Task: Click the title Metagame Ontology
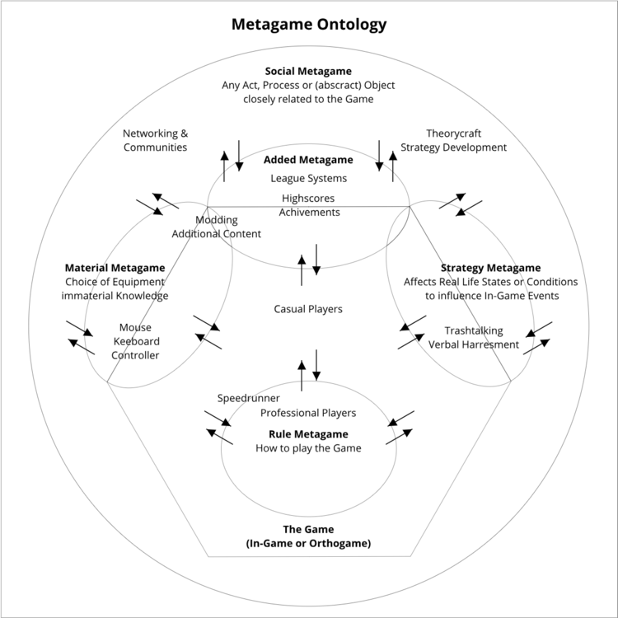pyautogui.click(x=308, y=25)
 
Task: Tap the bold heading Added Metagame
pyautogui.click(x=308, y=160)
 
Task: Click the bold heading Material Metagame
pyautogui.click(x=115, y=268)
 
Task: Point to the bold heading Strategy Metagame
pyautogui.click(x=490, y=268)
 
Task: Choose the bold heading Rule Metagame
pyautogui.click(x=308, y=433)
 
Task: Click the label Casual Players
pyautogui.click(x=308, y=309)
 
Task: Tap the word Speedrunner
pyautogui.click(x=248, y=398)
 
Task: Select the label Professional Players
pyautogui.click(x=308, y=413)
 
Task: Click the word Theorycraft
pyautogui.click(x=454, y=133)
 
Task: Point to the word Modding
pyautogui.click(x=217, y=220)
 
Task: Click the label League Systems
pyautogui.click(x=308, y=178)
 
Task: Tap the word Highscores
pyautogui.click(x=308, y=199)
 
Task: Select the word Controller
pyautogui.click(x=135, y=355)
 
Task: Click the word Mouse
pyautogui.click(x=135, y=327)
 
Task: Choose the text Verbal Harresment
pyautogui.click(x=474, y=344)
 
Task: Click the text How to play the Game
pyautogui.click(x=308, y=448)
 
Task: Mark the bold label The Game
pyautogui.click(x=308, y=529)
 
